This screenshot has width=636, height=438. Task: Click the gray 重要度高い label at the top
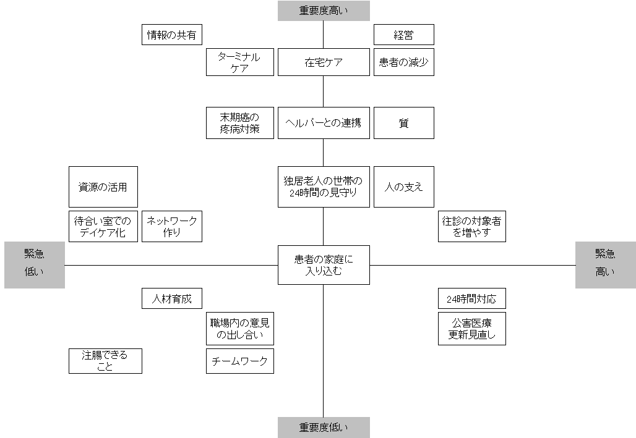tap(324, 11)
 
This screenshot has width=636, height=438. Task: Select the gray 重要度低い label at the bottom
tap(324, 427)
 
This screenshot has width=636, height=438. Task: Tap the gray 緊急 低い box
tap(35, 264)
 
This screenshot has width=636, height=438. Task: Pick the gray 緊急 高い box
tap(605, 264)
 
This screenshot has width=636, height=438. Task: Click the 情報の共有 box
tap(172, 35)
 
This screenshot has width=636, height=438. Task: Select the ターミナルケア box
tap(239, 62)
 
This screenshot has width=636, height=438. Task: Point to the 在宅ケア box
tap(324, 62)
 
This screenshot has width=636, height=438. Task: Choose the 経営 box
tap(403, 35)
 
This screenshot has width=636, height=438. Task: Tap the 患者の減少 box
tap(403, 62)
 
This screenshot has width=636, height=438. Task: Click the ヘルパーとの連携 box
tap(324, 122)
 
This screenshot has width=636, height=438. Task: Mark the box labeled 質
tap(403, 122)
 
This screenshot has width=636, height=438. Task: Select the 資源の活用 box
tap(103, 187)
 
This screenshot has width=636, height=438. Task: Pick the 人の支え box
tap(403, 187)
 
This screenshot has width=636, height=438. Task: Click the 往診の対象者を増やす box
tap(471, 226)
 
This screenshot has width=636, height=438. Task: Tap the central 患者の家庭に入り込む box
tap(324, 264)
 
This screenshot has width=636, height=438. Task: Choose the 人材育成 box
tap(172, 299)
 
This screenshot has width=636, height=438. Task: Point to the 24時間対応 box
tap(471, 299)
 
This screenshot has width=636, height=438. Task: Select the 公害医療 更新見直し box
tap(471, 329)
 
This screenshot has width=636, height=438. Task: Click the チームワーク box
tap(239, 361)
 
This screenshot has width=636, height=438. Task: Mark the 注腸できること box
tap(105, 361)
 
